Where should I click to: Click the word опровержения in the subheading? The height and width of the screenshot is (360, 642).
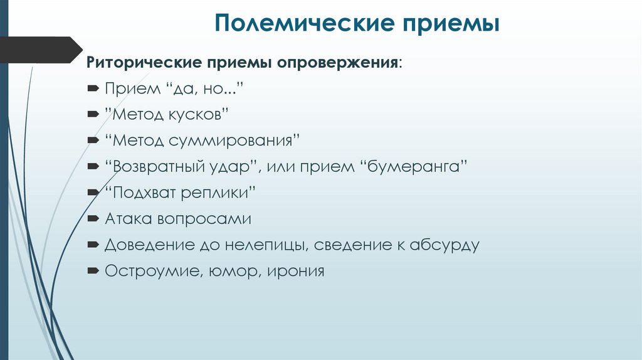338,63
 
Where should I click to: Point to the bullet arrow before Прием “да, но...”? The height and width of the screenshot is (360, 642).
93,88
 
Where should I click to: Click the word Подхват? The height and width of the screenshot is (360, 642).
145,193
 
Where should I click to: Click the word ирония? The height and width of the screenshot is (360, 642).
294,272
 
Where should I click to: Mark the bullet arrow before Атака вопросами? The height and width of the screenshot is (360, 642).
93,219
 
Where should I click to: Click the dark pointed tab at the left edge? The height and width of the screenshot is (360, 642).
40,50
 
